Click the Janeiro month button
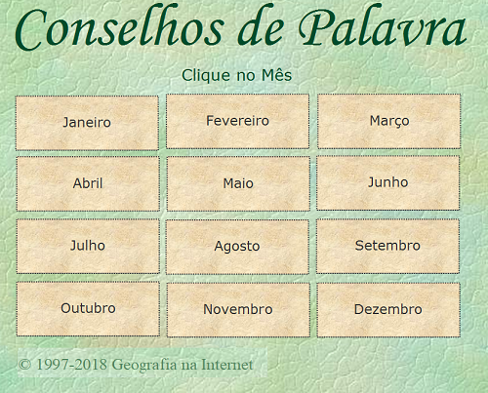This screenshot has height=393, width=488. click(x=87, y=123)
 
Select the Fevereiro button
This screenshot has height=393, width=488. click(x=237, y=121)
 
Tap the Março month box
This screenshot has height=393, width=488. click(x=389, y=121)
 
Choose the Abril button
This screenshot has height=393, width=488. click(x=88, y=183)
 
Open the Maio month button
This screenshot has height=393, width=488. click(x=238, y=183)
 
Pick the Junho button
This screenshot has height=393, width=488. click(x=387, y=182)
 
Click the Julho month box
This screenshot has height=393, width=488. click(x=88, y=246)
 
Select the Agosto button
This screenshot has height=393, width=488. click(x=237, y=247)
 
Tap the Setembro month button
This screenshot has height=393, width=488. click(x=387, y=246)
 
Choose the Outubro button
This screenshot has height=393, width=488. click(x=88, y=309)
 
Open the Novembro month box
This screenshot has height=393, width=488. click(x=238, y=310)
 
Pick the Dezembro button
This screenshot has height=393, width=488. click(x=388, y=310)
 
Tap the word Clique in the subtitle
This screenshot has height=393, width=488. click(x=207, y=76)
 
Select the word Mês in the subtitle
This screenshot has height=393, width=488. click(x=276, y=75)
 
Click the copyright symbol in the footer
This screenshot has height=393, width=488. click(x=24, y=365)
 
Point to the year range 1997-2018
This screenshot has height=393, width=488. click(x=71, y=365)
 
